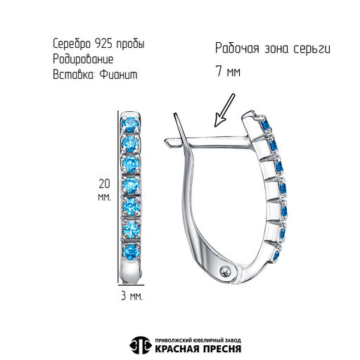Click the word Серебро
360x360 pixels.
pyautogui.click(x=72, y=44)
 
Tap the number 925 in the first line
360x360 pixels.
pyautogui.click(x=103, y=44)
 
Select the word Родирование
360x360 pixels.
pyautogui.click(x=83, y=59)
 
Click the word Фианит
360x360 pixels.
pyautogui.click(x=118, y=75)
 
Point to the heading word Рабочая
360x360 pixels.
pyautogui.click(x=237, y=49)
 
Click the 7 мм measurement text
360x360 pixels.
pyautogui.click(x=228, y=71)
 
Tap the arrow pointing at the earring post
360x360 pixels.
pyautogui.click(x=224, y=110)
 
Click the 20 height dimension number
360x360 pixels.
pyautogui.click(x=104, y=184)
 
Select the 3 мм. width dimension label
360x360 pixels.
pyautogui.click(x=131, y=297)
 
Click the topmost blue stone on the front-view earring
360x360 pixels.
pyautogui.click(x=130, y=124)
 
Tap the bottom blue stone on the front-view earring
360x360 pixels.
pyautogui.click(x=130, y=252)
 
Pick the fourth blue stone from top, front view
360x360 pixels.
pyautogui.click(x=130, y=186)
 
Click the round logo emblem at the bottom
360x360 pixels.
pyautogui.click(x=140, y=345)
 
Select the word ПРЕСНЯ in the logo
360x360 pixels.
pyautogui.click(x=221, y=349)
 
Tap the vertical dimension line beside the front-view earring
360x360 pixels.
pyautogui.click(x=118, y=198)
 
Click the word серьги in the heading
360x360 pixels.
pyautogui.click(x=311, y=49)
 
